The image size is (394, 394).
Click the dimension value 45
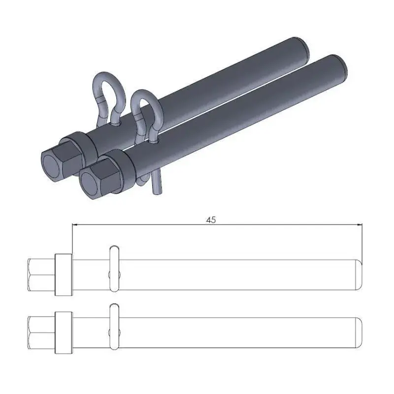(211, 220)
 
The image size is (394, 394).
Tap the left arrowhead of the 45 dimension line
(75, 225)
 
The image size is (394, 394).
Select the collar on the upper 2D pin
(63, 274)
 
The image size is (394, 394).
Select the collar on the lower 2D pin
(63, 331)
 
